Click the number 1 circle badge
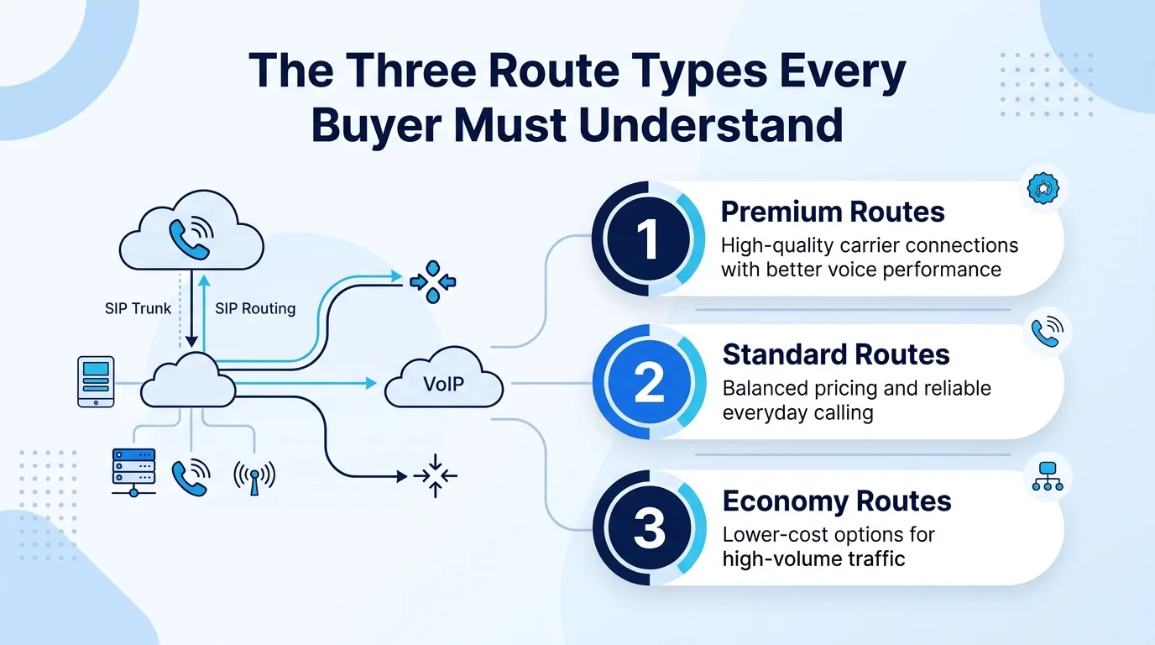click(648, 239)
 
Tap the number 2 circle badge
click(649, 382)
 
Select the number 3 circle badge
click(649, 527)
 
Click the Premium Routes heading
click(833, 212)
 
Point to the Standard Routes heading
click(836, 354)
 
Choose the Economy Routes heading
click(837, 501)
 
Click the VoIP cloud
click(444, 377)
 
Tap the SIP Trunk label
click(138, 308)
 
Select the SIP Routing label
click(255, 308)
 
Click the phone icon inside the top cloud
click(191, 239)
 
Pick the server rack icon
click(133, 472)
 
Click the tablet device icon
click(96, 382)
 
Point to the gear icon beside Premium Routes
click(1043, 188)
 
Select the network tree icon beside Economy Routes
click(1048, 476)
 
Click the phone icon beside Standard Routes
click(1048, 331)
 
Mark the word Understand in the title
click(710, 125)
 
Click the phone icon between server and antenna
click(191, 477)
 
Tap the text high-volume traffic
click(813, 558)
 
